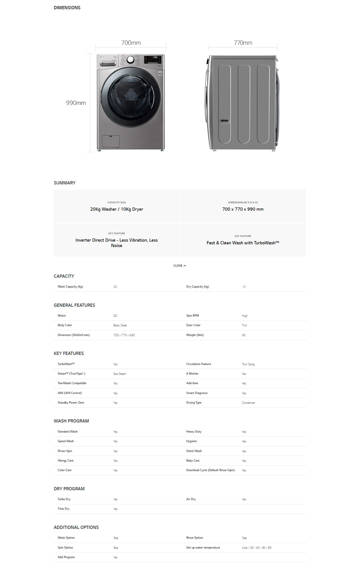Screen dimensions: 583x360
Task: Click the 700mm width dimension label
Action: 131,43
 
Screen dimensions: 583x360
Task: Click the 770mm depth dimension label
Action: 243,43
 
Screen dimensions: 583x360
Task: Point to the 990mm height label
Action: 76,103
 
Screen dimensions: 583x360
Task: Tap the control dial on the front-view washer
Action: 130,60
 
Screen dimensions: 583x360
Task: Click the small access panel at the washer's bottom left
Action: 111,141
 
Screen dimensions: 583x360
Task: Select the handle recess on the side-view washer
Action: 224,121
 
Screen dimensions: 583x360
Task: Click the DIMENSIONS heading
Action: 67,8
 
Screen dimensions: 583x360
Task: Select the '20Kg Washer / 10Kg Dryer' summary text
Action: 116,209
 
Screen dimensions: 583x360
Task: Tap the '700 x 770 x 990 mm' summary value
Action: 243,209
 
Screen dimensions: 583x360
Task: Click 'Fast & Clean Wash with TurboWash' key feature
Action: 243,243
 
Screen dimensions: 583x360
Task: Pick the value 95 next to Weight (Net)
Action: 244,335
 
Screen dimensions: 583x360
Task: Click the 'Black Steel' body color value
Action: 120,325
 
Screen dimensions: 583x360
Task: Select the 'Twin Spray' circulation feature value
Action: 248,364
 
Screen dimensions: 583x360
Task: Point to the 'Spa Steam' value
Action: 120,374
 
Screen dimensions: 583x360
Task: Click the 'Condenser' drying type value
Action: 248,403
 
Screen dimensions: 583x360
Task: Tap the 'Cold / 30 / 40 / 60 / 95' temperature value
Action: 256,548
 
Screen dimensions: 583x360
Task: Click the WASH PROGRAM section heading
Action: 71,421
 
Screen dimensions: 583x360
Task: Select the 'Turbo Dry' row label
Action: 64,499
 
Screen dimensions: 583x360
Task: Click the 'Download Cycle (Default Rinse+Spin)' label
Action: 210,470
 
